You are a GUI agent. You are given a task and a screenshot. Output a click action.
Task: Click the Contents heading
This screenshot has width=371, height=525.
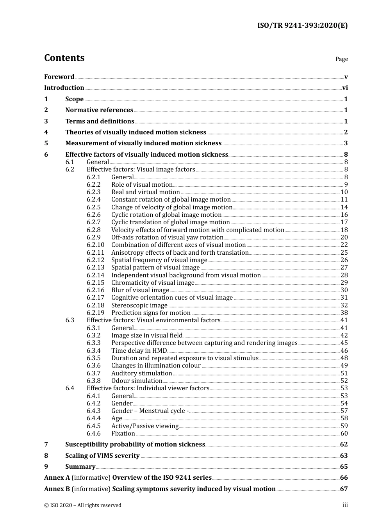point(64,58)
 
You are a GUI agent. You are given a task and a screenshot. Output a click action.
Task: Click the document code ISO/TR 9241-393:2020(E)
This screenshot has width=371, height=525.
point(302,26)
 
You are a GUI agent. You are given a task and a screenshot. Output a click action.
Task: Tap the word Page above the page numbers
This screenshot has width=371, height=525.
point(341,59)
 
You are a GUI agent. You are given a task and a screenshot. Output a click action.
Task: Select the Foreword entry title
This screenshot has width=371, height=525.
point(59,77)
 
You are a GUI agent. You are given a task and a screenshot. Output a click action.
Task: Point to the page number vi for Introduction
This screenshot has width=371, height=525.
point(345,88)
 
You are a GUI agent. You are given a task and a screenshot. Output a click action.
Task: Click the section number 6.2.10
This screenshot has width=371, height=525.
point(95,245)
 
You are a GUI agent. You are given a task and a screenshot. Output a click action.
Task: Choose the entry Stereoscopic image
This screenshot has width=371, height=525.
point(139,305)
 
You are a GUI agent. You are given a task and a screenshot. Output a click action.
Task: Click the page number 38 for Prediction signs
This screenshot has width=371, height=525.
point(344,312)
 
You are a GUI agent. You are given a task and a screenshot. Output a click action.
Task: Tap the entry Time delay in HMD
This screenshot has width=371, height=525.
point(139,350)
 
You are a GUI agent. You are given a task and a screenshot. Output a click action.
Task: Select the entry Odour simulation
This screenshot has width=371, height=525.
point(137,380)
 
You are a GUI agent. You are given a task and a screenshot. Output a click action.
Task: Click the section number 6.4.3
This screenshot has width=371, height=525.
point(93,411)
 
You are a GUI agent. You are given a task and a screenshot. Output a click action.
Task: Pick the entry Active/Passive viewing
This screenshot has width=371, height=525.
point(145,426)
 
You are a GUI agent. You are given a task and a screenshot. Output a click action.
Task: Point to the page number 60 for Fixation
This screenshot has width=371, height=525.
point(344,433)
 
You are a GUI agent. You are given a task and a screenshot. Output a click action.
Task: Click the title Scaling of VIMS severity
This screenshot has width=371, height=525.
point(102,455)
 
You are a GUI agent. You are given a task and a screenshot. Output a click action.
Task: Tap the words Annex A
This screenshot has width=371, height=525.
point(57,477)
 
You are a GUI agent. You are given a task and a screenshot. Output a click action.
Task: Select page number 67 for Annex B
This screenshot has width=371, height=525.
point(344,489)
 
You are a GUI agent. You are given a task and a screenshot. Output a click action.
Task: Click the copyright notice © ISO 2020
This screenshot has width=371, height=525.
point(82,505)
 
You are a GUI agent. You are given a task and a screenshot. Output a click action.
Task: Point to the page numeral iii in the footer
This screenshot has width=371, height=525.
point(345,505)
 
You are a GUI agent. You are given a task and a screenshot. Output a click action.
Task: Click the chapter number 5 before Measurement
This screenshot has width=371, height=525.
point(46,143)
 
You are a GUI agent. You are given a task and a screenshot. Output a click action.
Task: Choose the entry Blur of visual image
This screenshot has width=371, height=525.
point(140,290)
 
